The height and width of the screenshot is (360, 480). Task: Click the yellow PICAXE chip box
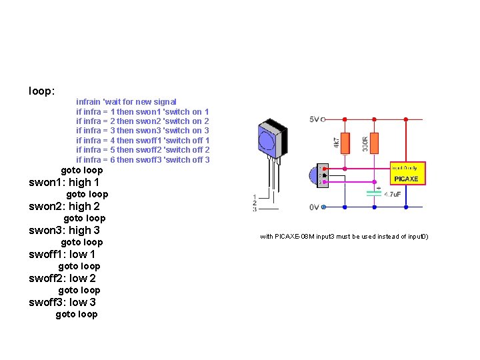pyautogui.click(x=407, y=174)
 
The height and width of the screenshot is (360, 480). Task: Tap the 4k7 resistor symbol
pyautogui.click(x=344, y=142)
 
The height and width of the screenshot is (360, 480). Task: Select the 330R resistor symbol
pyautogui.click(x=374, y=142)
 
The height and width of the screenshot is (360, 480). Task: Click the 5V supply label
pyautogui.click(x=314, y=119)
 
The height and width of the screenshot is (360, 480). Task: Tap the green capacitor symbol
pyautogui.click(x=374, y=193)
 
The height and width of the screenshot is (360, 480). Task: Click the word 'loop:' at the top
pyautogui.click(x=41, y=90)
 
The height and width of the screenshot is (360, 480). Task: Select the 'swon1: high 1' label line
pyautogui.click(x=64, y=182)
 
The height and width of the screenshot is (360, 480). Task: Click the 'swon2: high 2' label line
pyautogui.click(x=64, y=206)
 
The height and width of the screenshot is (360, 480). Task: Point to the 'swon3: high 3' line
pyautogui.click(x=64, y=230)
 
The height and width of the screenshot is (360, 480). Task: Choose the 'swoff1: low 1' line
pyautogui.click(x=62, y=254)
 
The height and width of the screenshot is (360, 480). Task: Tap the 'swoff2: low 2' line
pyautogui.click(x=62, y=278)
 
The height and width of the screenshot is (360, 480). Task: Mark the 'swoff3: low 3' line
pyautogui.click(x=62, y=302)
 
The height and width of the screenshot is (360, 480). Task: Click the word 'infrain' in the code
pyautogui.click(x=89, y=102)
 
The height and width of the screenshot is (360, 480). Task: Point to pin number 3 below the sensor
pyautogui.click(x=254, y=209)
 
